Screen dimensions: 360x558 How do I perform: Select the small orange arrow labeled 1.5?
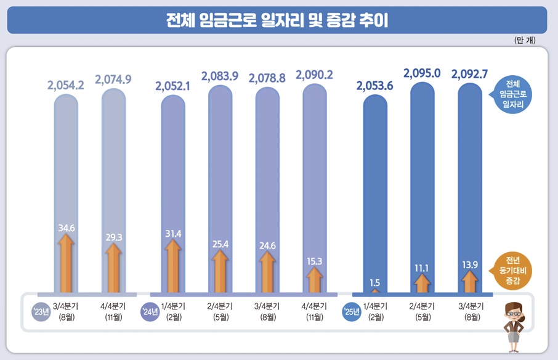pos(374,290)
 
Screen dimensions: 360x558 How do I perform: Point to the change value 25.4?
pos(220,244)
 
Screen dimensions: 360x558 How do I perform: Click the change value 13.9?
pos(469,264)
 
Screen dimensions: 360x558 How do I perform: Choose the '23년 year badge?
pos(41,311)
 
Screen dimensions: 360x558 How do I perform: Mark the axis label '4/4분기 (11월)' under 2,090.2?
pos(314,311)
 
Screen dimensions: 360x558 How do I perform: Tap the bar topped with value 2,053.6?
pos(374,185)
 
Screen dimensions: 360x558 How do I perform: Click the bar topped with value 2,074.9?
pos(113,185)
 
